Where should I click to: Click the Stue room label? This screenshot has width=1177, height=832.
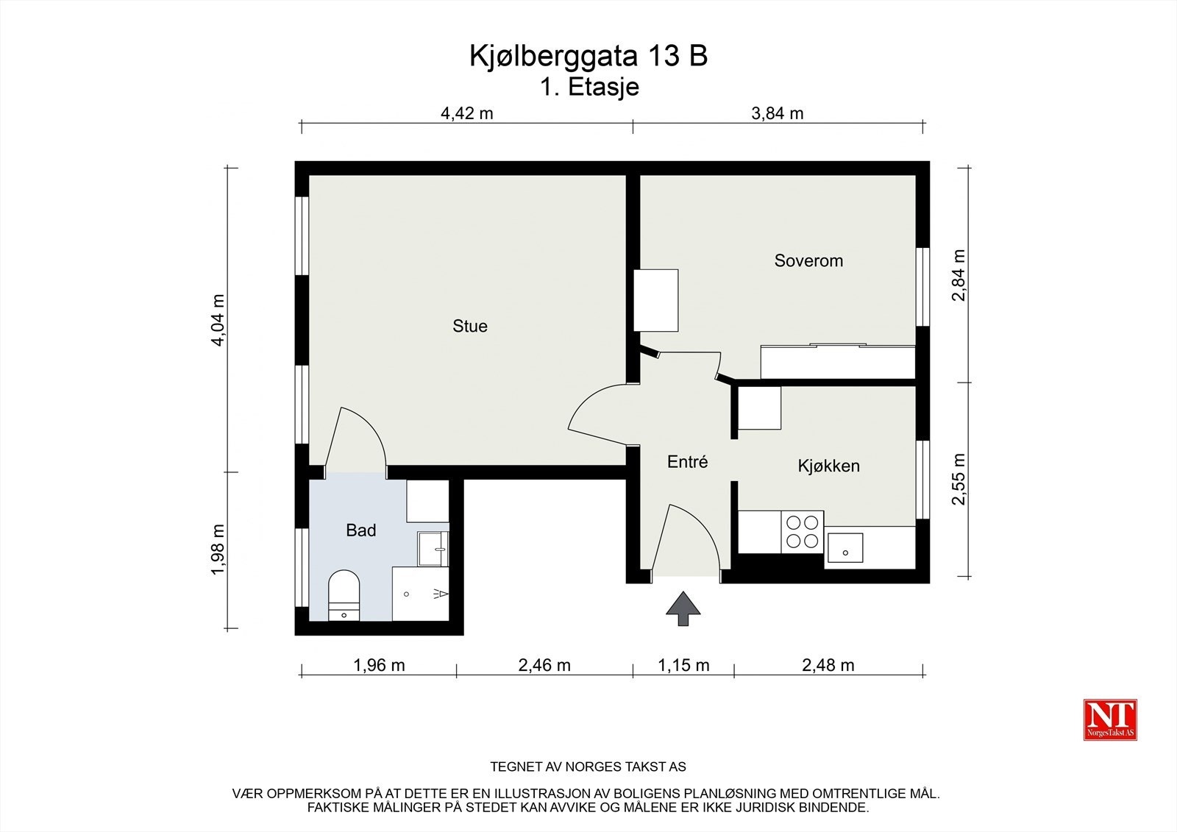pos(469,326)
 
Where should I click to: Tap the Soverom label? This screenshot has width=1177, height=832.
pos(808,260)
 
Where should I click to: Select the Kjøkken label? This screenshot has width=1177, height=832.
pos(828,466)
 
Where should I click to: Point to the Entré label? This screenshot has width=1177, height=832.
pos(687,462)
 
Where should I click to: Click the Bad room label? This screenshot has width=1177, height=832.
pos(360,530)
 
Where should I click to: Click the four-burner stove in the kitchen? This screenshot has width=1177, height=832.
pos(802,532)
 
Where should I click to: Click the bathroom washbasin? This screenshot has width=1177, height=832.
pos(433,549)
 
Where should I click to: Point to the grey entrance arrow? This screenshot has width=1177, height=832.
pos(683,608)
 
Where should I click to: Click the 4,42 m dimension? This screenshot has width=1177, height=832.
pos(466,113)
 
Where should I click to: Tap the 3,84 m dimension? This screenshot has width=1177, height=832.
pos(777,113)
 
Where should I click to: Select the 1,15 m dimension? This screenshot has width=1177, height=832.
pos(683,666)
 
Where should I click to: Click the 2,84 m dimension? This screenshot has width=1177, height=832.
pos(958,276)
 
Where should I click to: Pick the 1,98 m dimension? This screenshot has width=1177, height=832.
pos(218,550)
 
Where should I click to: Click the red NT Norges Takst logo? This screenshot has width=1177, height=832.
pos(1110,719)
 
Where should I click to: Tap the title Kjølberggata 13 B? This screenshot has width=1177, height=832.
pos(588,56)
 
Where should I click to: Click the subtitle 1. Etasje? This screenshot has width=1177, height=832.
pos(589,87)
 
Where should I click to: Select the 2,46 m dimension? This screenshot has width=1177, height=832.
pos(544,666)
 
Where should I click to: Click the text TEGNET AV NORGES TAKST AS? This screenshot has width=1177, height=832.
pos(588,767)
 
